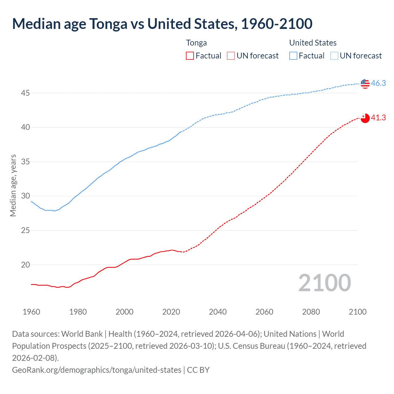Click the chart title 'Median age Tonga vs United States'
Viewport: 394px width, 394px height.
162,24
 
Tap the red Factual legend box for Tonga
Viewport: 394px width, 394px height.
190,56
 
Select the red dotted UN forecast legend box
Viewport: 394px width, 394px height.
231,56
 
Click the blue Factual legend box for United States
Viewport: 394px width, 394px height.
293,56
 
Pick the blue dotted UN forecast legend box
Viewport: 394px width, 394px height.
334,56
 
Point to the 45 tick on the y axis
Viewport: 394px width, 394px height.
25,93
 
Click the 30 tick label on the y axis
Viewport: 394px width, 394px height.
25,196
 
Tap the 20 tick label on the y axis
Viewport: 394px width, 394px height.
25,265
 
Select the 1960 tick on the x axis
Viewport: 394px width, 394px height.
31,312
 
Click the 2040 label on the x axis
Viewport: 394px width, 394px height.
218,312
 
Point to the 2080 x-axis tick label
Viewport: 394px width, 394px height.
311,312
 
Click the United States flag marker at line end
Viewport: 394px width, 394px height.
365,83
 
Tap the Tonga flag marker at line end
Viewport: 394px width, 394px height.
365,118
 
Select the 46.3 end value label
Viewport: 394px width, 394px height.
378,83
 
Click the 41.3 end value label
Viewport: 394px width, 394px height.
378,118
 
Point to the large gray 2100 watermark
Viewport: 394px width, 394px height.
324,283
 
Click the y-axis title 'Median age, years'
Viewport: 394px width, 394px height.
13,186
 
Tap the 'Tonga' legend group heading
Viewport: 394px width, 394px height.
196,43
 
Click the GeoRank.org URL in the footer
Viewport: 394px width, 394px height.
97,370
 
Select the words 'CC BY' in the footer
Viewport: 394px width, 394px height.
198,370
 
